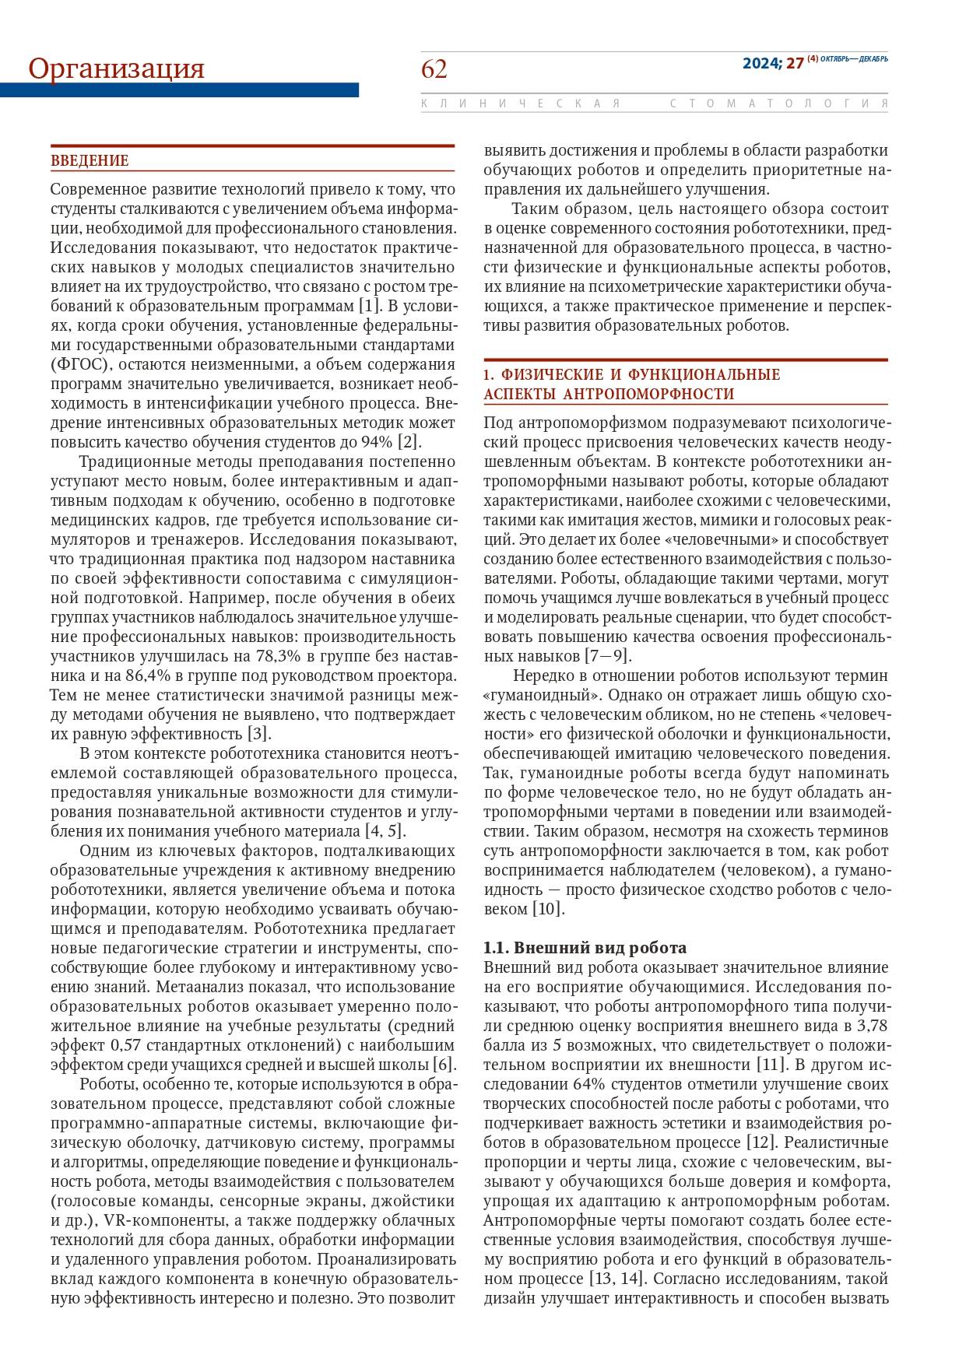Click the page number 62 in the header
pyautogui.click(x=434, y=69)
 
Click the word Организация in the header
pyautogui.click(x=116, y=68)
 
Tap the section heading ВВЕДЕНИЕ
pyautogui.click(x=90, y=161)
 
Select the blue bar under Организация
pyautogui.click(x=179, y=90)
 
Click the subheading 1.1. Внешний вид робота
pyautogui.click(x=585, y=947)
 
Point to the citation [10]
pyautogui.click(x=546, y=908)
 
